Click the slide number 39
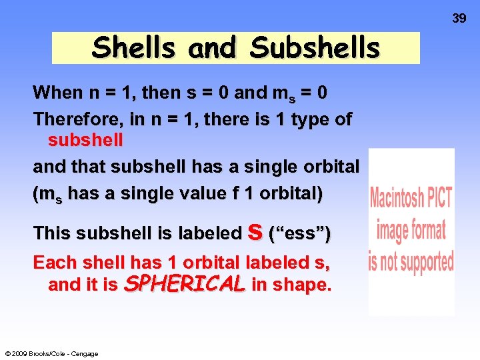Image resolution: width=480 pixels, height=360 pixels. [459, 19]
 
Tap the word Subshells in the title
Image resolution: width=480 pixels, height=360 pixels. [315, 48]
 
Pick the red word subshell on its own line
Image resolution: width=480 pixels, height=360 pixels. [85, 141]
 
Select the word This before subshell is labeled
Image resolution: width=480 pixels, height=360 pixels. [52, 233]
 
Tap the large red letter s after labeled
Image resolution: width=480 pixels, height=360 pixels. [254, 231]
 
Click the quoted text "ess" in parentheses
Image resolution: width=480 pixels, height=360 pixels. [299, 234]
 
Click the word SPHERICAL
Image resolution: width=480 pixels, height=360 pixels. [185, 285]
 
